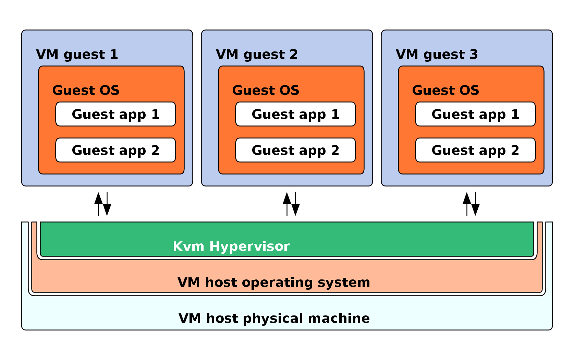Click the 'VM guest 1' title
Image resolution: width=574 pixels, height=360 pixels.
77,55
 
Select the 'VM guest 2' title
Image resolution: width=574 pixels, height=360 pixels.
257,55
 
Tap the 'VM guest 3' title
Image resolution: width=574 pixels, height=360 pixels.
437,55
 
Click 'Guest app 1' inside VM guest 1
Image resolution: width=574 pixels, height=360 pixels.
115,114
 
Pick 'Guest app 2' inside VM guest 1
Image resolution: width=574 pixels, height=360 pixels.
115,150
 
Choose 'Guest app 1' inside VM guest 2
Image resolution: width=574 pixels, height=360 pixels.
295,114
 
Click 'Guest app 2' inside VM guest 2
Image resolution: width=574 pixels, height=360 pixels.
295,150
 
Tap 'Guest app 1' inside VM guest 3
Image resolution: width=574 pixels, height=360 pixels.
475,114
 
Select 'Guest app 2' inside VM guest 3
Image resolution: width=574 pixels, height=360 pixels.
475,150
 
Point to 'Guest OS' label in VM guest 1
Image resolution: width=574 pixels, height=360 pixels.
86,91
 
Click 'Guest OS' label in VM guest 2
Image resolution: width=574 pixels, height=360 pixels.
266,91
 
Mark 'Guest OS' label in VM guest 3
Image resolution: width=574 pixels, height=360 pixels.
445,91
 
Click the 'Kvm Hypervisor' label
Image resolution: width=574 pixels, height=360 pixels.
231,247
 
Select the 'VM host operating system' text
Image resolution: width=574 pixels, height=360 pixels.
274,283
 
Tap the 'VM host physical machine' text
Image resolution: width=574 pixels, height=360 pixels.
274,319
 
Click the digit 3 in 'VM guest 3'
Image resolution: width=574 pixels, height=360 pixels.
474,55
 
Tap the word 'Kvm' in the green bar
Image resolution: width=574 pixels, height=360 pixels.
188,247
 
